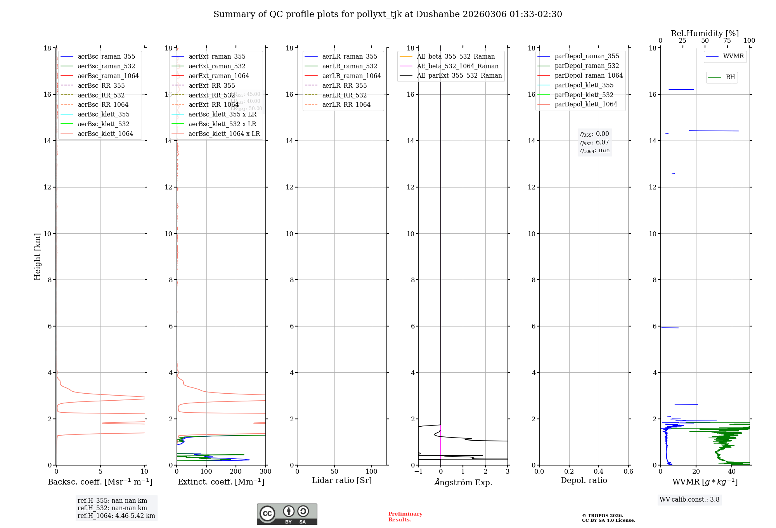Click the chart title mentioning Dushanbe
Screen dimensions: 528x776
(388, 14)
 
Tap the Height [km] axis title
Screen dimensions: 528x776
(37, 256)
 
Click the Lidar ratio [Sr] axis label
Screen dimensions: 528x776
(342, 480)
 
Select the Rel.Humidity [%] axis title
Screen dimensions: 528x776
(705, 33)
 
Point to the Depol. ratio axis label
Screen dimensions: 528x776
(584, 480)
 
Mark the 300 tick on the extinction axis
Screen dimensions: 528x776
(265, 472)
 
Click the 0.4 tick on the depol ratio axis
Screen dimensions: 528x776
(599, 472)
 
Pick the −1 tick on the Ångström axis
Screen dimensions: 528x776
(418, 472)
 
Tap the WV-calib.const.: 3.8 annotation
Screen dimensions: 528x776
(689, 500)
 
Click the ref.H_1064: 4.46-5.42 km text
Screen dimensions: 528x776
(116, 516)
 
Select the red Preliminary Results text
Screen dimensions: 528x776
(405, 517)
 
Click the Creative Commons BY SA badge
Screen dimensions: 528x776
(287, 514)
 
